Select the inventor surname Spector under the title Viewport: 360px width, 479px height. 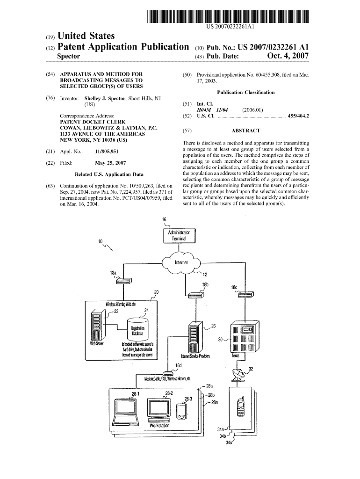68,56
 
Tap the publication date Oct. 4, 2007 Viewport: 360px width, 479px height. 288,56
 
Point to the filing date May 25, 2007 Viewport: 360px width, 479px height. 110,163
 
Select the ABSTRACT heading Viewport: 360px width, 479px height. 246,131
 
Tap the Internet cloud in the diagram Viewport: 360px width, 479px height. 181,263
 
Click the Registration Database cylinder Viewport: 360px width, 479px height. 138,329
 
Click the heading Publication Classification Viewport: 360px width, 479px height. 246,92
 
